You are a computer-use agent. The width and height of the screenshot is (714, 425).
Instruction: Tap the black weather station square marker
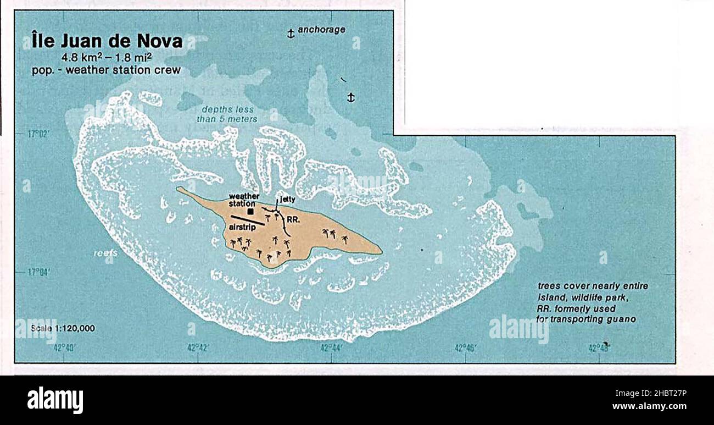(251, 211)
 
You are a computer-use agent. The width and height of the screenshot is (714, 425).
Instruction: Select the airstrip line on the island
(248, 220)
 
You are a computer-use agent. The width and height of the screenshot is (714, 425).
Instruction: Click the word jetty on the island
(288, 200)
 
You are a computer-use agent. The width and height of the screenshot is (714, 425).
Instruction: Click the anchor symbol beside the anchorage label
(291, 34)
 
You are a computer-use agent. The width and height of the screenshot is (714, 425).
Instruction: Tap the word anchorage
(321, 30)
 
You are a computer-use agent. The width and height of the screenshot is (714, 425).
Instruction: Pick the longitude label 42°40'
(65, 347)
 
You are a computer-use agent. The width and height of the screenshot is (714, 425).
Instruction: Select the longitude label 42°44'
(332, 347)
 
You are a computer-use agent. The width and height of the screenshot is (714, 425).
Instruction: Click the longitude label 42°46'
(465, 347)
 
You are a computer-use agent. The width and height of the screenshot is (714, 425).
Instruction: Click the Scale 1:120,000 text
(63, 328)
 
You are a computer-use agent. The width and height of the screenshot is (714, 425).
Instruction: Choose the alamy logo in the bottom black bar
(55, 400)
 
